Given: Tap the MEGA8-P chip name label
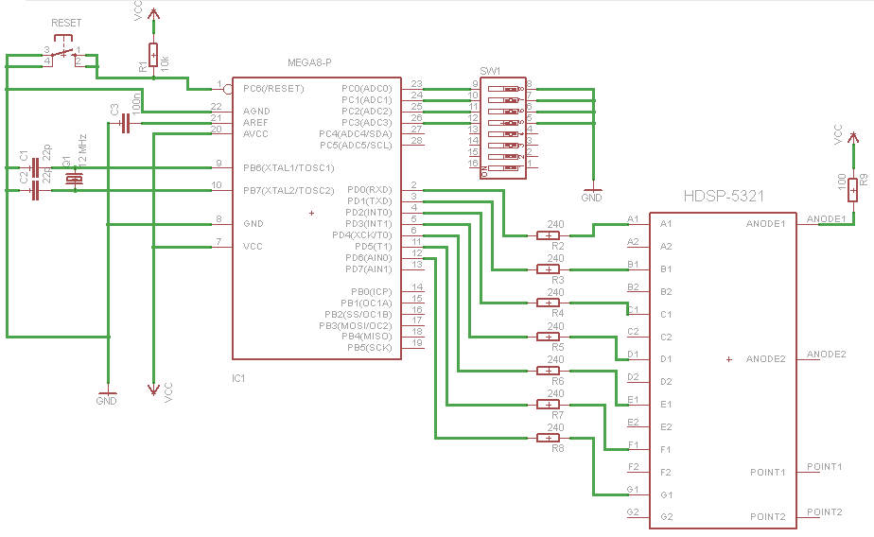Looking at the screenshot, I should click(309, 62).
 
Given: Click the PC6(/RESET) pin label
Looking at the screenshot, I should click(273, 89).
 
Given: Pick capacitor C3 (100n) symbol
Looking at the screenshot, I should click(123, 123).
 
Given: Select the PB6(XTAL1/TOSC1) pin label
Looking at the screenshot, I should click(288, 167).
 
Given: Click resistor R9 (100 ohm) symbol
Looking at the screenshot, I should click(853, 188).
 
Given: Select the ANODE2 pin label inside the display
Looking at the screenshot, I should click(765, 359).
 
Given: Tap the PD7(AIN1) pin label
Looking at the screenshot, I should click(369, 268).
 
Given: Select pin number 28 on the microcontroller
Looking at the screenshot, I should click(416, 140).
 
